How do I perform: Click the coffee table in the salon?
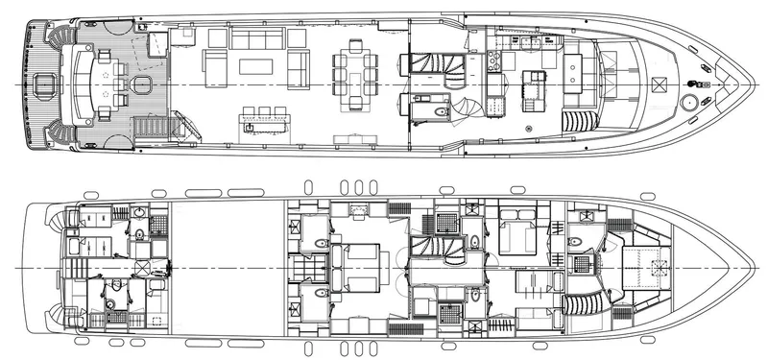(x=256, y=67)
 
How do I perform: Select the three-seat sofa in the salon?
(x=256, y=40)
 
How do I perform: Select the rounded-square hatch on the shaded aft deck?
(x=143, y=86)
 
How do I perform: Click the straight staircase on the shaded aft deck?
(x=154, y=126)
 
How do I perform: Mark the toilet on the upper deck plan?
(x=440, y=112)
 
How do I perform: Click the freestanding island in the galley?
(x=533, y=86)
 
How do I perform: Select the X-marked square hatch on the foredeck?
(x=658, y=85)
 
